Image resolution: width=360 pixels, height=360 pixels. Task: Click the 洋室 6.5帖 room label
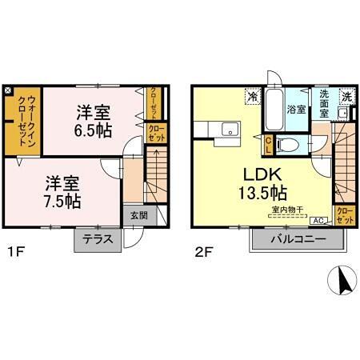click(x=94, y=119)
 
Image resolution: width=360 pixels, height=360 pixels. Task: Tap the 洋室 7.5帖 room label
click(x=62, y=192)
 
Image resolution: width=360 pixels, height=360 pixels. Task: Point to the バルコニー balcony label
click(x=297, y=239)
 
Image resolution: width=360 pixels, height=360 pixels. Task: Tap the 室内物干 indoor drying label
click(x=285, y=210)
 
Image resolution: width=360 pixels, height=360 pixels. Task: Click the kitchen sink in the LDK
click(x=229, y=130)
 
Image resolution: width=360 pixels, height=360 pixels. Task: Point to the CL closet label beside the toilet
click(x=269, y=145)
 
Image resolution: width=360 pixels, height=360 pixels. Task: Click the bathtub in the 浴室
click(x=274, y=110)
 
